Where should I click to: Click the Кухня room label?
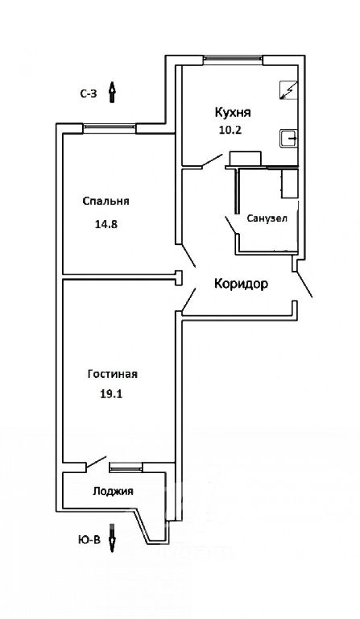(233, 113)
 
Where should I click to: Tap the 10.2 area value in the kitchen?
(230, 131)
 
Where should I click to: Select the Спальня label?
(106, 201)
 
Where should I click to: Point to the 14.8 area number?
(106, 225)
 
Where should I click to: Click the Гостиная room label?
(113, 374)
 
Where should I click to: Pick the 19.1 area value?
(112, 393)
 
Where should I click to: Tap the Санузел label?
(267, 218)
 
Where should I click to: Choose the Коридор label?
(242, 284)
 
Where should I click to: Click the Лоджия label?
(114, 492)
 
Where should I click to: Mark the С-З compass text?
(89, 94)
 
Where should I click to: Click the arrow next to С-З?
(112, 93)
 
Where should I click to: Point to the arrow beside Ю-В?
(112, 538)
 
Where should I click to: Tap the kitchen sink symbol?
(288, 138)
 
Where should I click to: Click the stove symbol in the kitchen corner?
(288, 90)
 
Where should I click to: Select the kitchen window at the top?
(233, 59)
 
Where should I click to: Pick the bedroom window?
(110, 128)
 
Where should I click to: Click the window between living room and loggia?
(126, 467)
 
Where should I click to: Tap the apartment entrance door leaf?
(304, 284)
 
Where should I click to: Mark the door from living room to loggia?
(97, 463)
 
